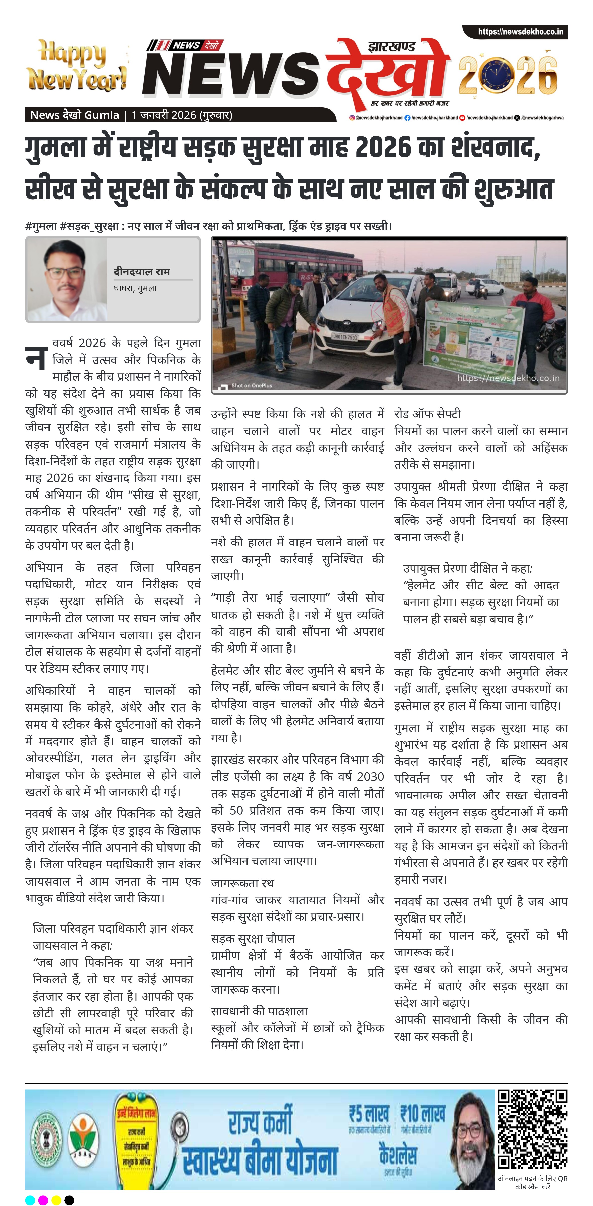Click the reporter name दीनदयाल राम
141,271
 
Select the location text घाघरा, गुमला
135,288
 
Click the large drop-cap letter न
36,358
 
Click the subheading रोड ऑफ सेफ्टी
427,414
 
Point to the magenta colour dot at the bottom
43,1200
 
